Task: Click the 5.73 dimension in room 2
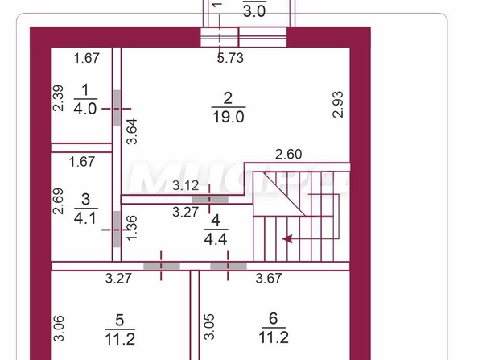coord(230,58)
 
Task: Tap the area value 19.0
coord(229,117)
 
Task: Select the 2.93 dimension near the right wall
coord(338,105)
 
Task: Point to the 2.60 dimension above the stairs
coord(288,155)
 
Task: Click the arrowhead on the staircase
coord(287,239)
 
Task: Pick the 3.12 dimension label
coord(185,185)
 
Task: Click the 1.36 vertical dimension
coord(132,228)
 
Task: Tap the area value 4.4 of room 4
coord(216,239)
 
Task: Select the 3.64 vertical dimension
coord(132,131)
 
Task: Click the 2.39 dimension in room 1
coord(58,98)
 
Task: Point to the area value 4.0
coord(85,109)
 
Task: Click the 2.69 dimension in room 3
coord(58,201)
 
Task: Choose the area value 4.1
coord(85,218)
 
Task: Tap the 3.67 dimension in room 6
coord(269,278)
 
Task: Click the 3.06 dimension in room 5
coord(59,328)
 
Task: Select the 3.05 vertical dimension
coord(209,327)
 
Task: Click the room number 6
coord(274,318)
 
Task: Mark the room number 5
coord(120,321)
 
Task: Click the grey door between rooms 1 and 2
coord(117,108)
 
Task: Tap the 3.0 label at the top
coord(254,11)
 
